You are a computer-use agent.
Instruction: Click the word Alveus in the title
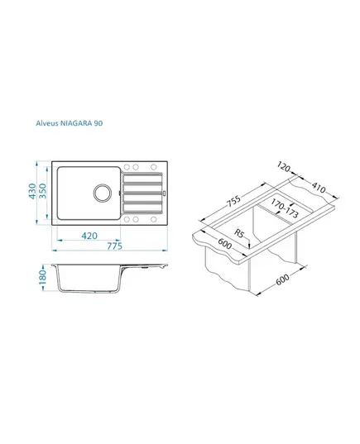coord(47,123)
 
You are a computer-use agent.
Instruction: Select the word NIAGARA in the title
coord(76,123)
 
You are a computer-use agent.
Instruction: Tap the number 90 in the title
coord(98,123)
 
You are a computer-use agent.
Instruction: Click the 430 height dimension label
coord(32,191)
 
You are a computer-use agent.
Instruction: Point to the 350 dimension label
coord(42,191)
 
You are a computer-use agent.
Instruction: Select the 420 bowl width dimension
coord(89,236)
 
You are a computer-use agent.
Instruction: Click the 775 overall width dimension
coord(114,246)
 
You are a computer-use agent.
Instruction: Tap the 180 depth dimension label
coord(42,278)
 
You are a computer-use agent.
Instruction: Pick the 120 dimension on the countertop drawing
coord(284,167)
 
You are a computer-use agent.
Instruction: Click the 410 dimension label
coord(319,187)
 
